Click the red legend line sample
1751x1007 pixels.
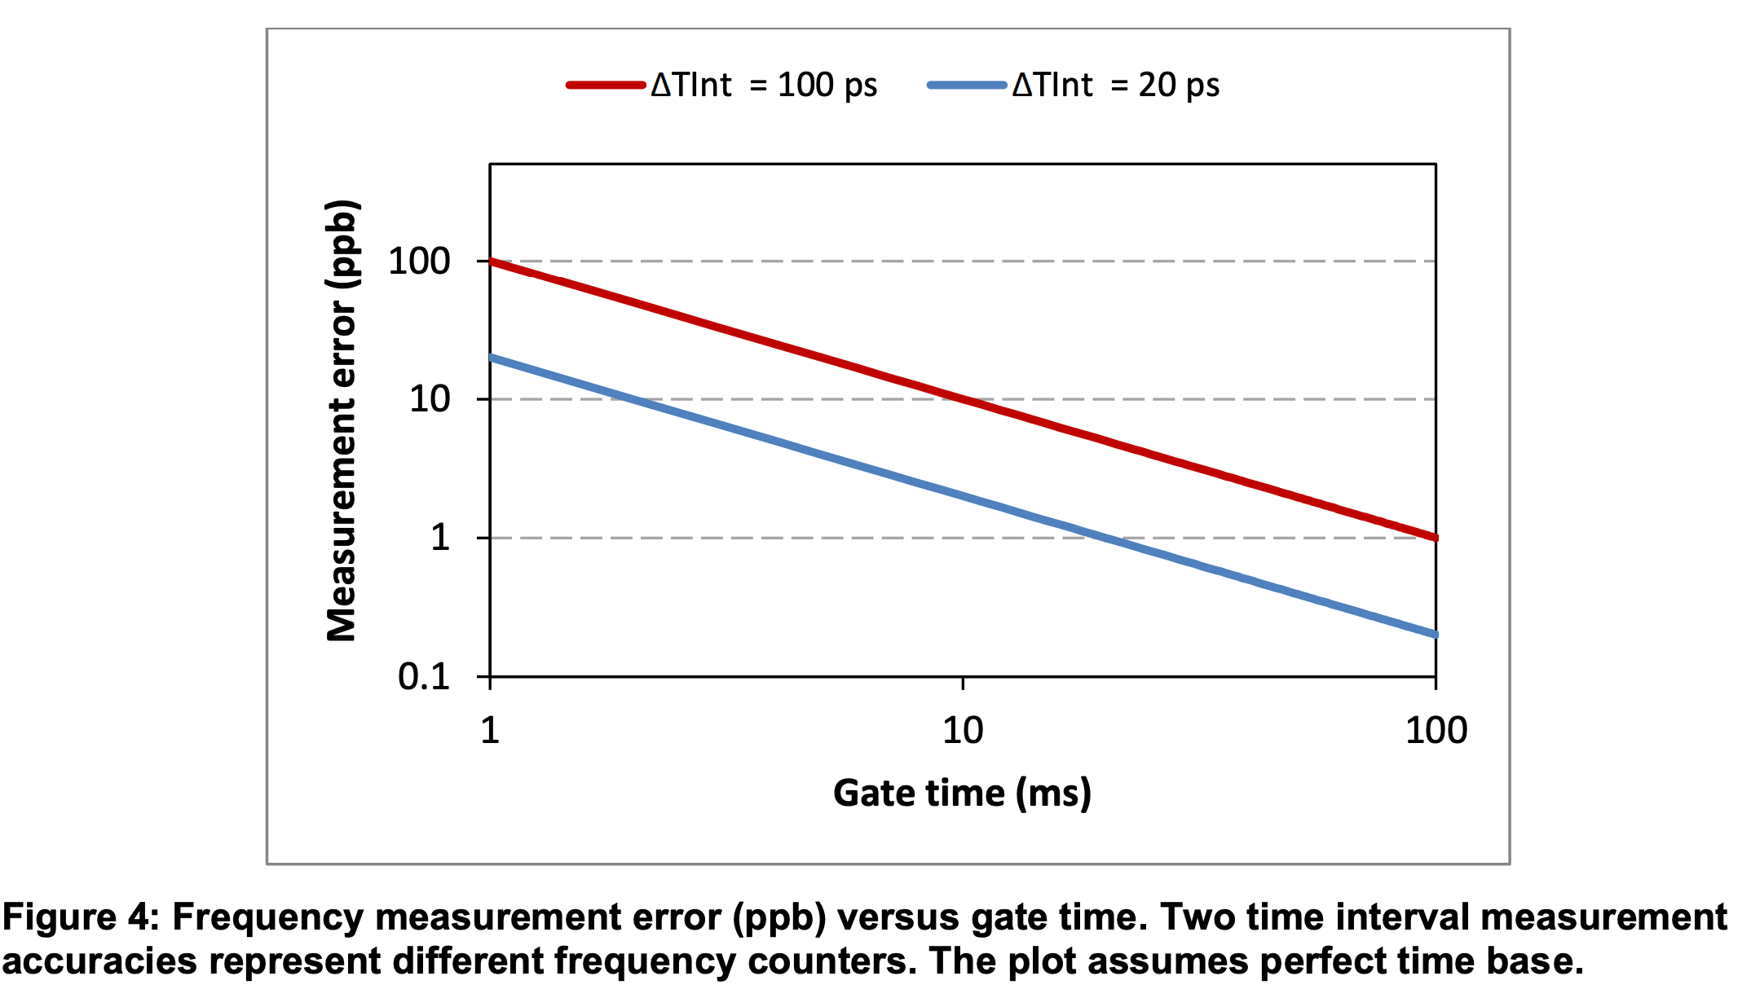[x=606, y=85]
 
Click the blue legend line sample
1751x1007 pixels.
[x=967, y=85]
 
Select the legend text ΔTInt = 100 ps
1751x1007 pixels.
[x=764, y=85]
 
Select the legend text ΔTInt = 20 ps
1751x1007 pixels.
[x=1115, y=85]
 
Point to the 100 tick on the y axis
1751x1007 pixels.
[x=419, y=262]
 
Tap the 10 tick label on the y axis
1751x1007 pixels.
[x=430, y=399]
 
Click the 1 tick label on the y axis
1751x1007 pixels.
[x=440, y=538]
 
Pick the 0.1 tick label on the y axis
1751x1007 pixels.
[x=424, y=676]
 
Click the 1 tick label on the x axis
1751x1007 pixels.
[x=489, y=730]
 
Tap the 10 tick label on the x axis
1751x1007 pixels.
[x=963, y=730]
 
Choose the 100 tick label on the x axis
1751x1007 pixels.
[x=1436, y=730]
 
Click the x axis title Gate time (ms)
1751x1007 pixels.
[x=962, y=793]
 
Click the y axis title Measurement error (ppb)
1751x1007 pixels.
[x=342, y=420]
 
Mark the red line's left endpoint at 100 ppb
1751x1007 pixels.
[x=491, y=262]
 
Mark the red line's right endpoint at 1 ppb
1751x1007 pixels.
[x=1435, y=538]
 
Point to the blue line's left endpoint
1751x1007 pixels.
[x=491, y=358]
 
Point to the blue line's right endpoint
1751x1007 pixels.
[x=1435, y=634]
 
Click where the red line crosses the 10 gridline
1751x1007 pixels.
[x=963, y=399]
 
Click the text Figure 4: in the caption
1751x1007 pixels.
[x=80, y=917]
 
